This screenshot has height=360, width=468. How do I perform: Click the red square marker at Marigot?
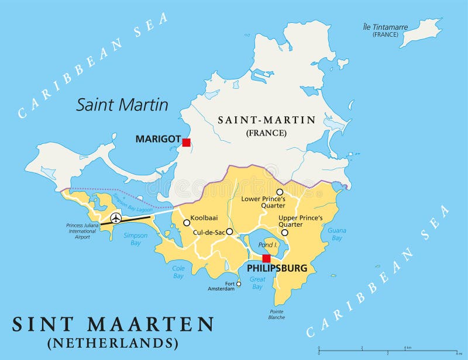186,142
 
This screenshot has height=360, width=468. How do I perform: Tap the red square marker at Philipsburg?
266,258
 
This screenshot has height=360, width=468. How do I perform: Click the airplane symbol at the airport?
116,219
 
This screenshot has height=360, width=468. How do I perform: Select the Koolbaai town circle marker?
187,223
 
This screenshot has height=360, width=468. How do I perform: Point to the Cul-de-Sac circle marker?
229,231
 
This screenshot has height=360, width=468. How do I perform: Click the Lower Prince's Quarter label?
263,202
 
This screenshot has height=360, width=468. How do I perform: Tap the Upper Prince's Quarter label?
300,221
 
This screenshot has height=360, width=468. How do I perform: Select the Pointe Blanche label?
277,314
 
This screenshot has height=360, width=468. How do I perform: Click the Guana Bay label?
336,234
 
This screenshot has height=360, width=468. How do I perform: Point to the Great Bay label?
257,283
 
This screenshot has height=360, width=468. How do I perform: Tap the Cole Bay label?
178,272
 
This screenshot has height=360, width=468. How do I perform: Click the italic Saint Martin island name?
122,105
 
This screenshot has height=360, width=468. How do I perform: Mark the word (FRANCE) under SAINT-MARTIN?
266,133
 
